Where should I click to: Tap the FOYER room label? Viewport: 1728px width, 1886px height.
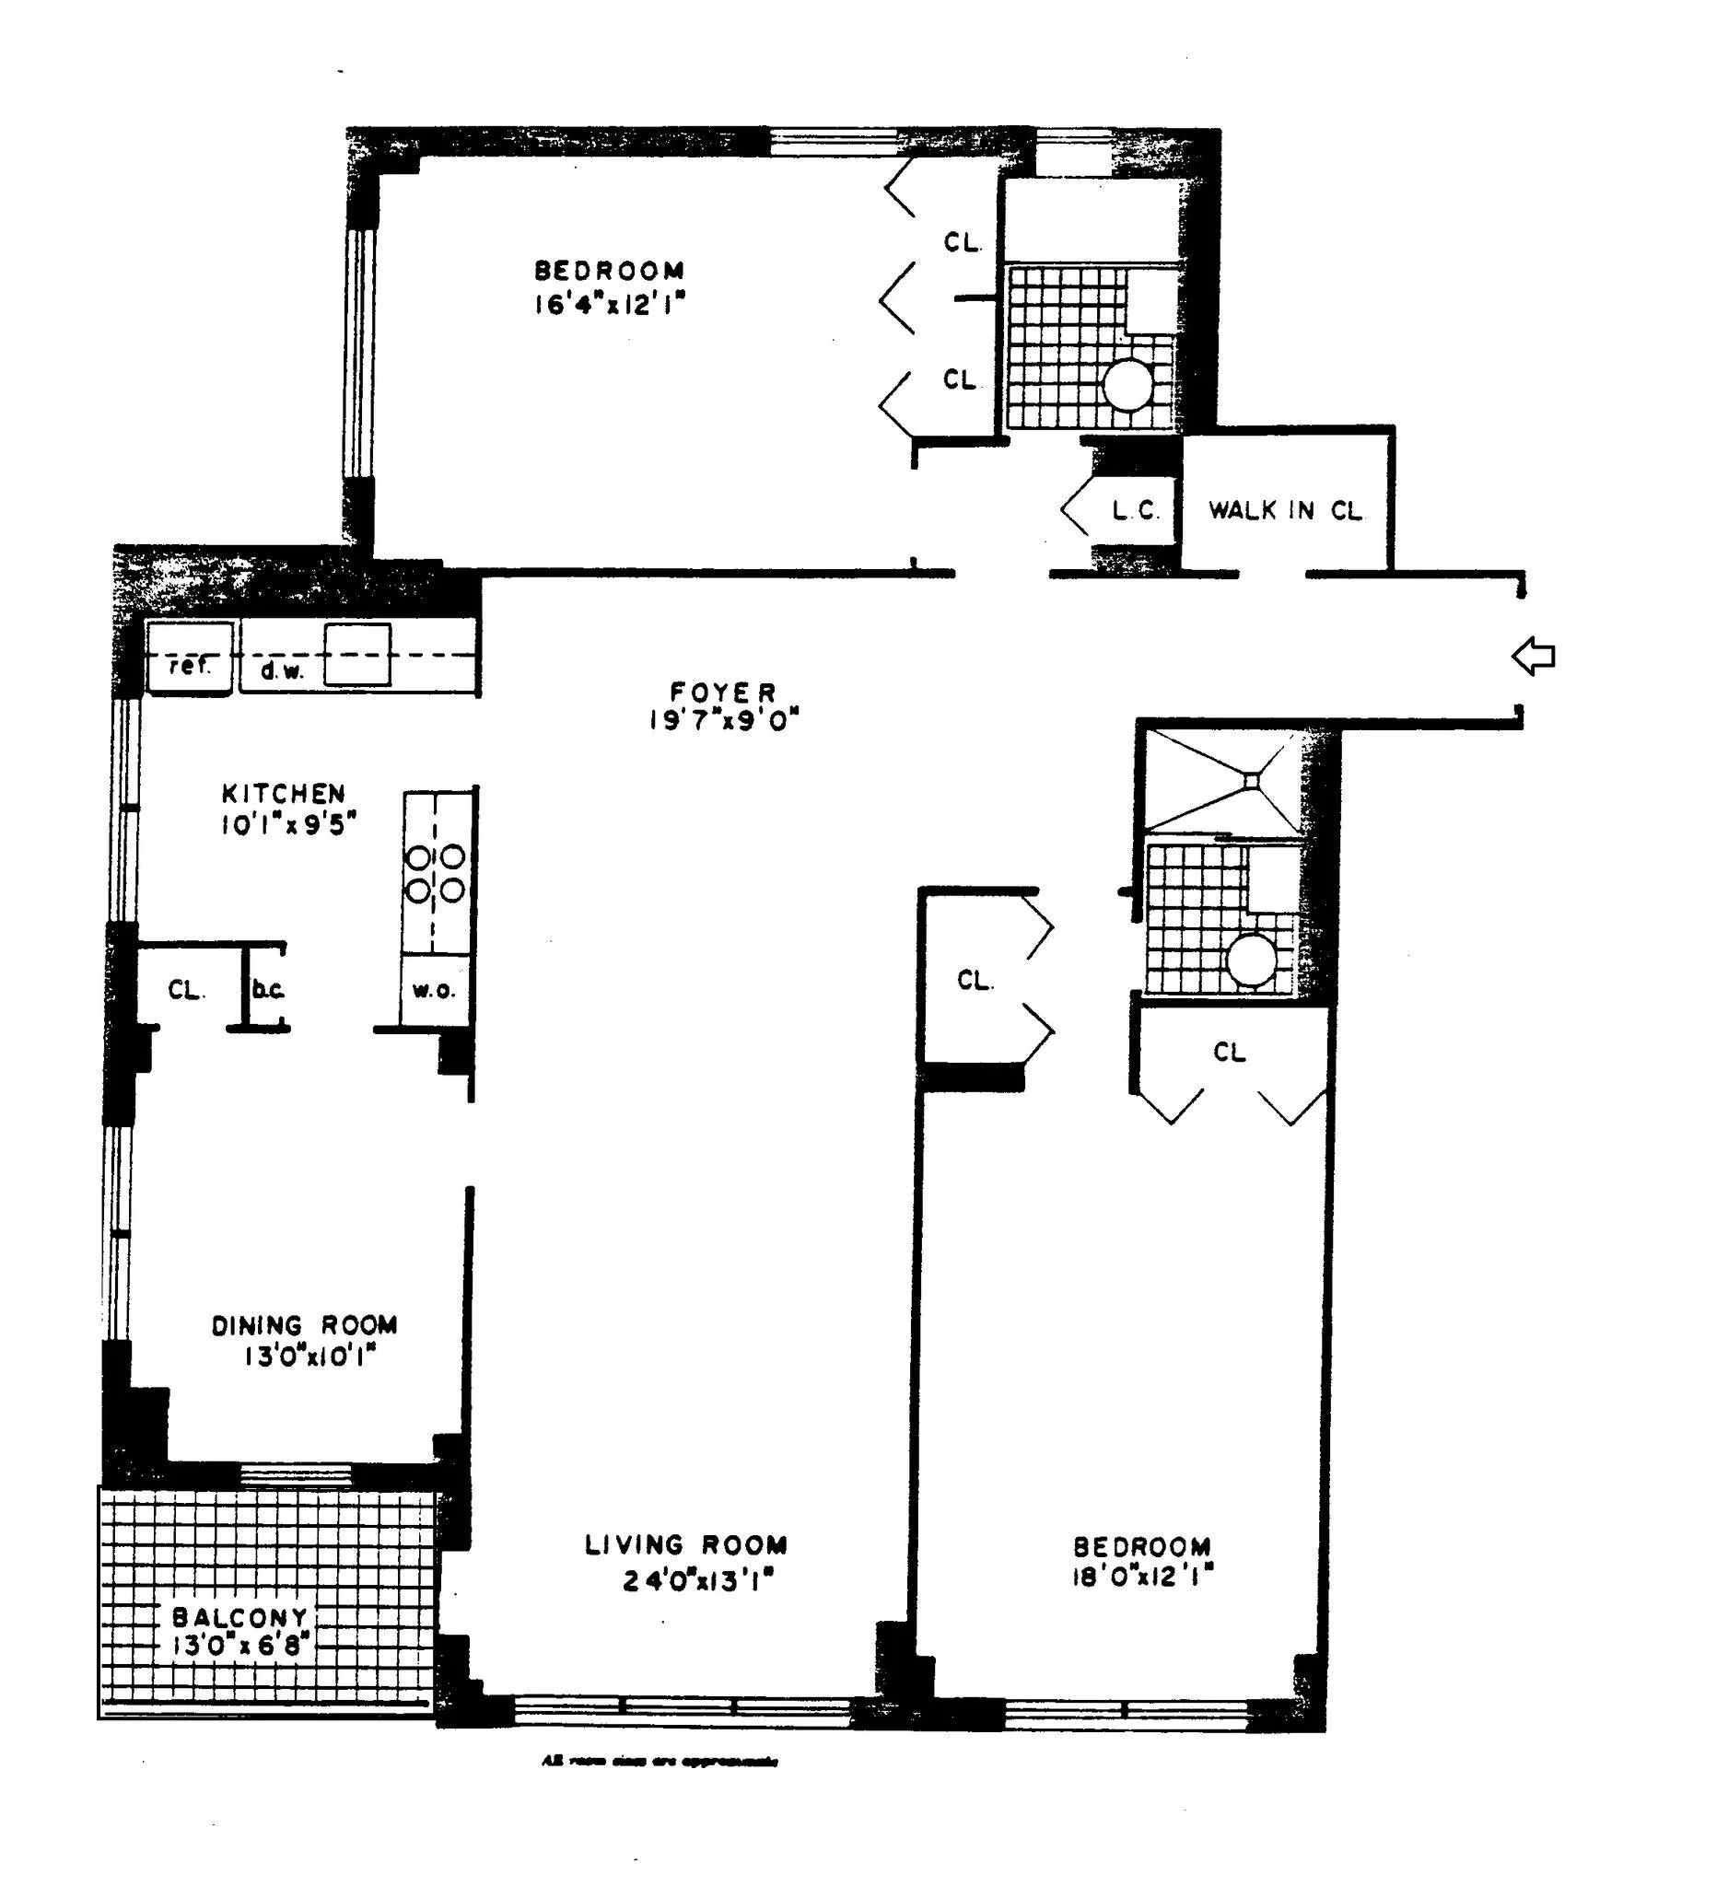tap(722, 693)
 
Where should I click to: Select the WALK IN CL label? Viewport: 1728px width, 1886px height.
tap(1286, 511)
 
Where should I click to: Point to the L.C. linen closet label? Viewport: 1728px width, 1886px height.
tap(1136, 511)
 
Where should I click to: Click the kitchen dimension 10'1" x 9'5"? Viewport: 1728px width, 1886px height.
tap(288, 825)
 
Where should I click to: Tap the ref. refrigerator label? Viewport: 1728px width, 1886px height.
tap(189, 666)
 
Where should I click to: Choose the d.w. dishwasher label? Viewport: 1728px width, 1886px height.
tap(281, 669)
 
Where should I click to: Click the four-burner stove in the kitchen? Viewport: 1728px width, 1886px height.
tap(435, 873)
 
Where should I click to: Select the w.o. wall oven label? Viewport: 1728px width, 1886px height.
tap(433, 990)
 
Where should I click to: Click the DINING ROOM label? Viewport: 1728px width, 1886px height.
tap(304, 1324)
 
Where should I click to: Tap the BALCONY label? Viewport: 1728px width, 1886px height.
tap(239, 1617)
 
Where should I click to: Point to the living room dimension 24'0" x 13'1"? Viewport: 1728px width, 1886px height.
tap(699, 1580)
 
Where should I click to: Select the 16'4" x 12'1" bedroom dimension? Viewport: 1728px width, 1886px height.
tap(610, 304)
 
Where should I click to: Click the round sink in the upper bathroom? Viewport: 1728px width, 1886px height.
tap(1127, 384)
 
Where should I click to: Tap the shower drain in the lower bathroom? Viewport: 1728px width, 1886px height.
tap(1252, 779)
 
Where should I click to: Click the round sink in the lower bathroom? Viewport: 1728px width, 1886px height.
tap(1251, 960)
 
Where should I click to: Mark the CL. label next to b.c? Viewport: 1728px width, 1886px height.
tap(185, 990)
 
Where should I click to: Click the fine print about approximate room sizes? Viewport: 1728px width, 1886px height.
tap(660, 1761)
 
